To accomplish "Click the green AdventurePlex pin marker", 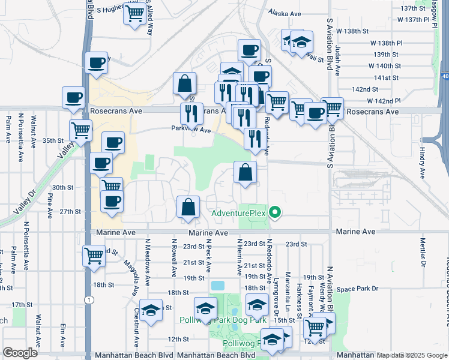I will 276,212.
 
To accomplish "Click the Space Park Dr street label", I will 358,289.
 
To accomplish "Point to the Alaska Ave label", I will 285,13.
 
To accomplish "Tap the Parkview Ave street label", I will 191,130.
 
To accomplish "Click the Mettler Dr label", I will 423,253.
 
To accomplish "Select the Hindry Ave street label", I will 422,158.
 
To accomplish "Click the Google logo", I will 20,352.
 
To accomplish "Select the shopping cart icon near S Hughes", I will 135,13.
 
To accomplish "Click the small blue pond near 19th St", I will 217,284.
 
